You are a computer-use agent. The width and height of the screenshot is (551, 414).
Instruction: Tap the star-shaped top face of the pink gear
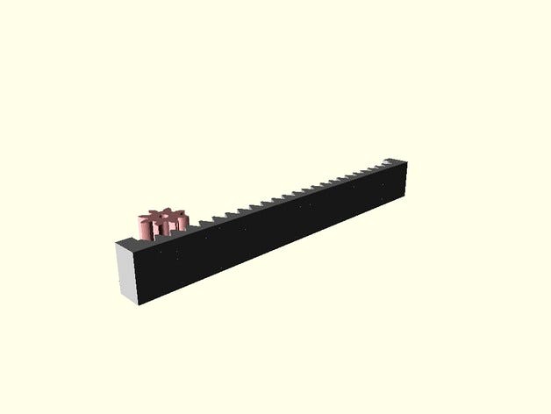click(x=161, y=216)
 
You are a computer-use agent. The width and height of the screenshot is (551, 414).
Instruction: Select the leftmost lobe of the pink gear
click(x=141, y=223)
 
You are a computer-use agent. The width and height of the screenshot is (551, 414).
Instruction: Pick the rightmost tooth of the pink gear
click(x=182, y=221)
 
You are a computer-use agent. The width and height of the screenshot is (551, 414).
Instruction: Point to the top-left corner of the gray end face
click(x=116, y=243)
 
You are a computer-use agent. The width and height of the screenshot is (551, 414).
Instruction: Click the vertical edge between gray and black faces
click(x=137, y=276)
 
